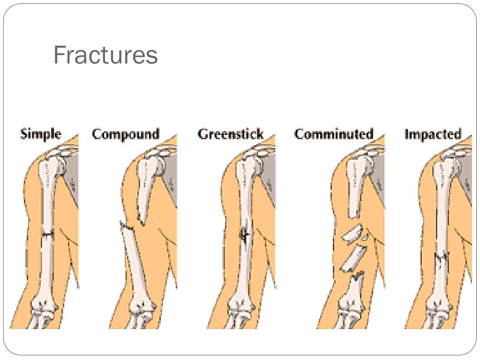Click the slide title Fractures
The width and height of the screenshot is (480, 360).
pos(105,55)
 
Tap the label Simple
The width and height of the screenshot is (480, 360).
pos(40,134)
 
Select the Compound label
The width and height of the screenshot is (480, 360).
pos(126,134)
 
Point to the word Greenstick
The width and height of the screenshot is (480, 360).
pos(230,134)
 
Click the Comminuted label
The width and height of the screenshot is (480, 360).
pos(334,134)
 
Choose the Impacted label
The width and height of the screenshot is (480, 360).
pos(433,134)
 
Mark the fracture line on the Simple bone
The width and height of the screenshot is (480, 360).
pos(47,233)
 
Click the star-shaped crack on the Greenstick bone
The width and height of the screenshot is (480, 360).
pos(244,234)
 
